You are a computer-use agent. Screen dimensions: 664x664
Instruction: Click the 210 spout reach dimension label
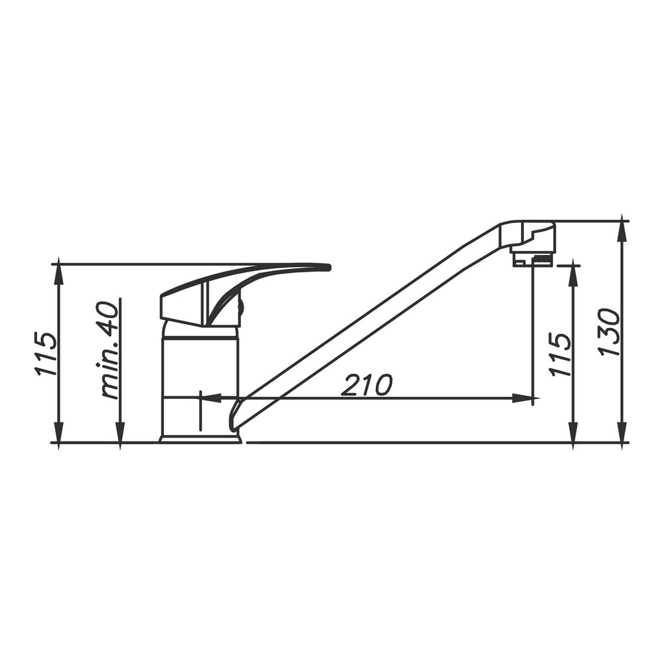pyautogui.click(x=367, y=384)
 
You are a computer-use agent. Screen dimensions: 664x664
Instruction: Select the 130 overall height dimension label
pyautogui.click(x=609, y=333)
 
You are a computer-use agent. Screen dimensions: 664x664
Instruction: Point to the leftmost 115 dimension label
pyautogui.click(x=45, y=354)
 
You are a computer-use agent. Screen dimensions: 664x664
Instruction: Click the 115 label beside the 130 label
pyautogui.click(x=559, y=354)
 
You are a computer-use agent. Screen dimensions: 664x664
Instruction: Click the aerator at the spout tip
pyautogui.click(x=533, y=259)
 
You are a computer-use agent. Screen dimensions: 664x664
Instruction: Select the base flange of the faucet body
pyautogui.click(x=201, y=438)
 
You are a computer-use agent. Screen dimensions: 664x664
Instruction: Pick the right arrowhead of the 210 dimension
pyautogui.click(x=523, y=398)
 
